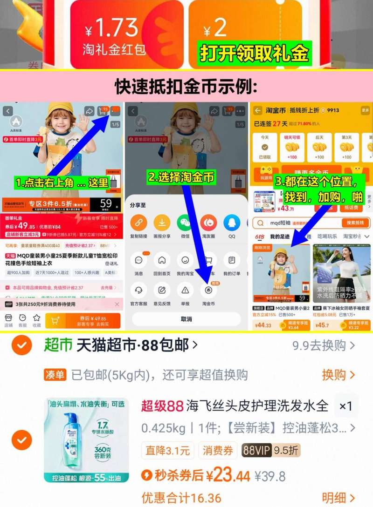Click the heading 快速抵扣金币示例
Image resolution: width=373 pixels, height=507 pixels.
tap(186, 86)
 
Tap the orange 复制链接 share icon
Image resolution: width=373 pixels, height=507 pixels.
tap(139, 223)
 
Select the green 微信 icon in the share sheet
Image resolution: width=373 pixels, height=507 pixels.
tap(185, 223)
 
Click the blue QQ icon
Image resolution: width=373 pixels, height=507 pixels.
tap(232, 223)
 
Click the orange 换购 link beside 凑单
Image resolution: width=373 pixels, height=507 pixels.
tap(338, 375)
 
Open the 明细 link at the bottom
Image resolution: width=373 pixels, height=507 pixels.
tap(338, 497)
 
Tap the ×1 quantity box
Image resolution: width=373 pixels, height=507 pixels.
tap(345, 406)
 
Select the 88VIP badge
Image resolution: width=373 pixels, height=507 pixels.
tap(256, 451)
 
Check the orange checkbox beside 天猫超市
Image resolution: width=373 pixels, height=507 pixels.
tap(22, 345)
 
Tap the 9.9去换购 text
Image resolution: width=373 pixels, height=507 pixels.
tap(323, 345)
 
